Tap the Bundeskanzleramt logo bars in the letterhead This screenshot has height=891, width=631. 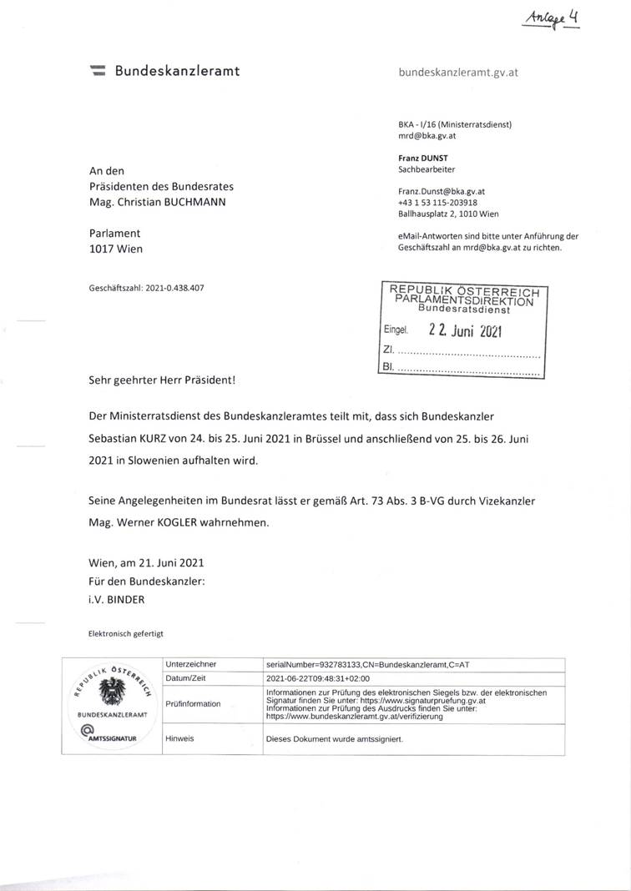98,72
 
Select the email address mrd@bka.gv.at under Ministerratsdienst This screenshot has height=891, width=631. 426,135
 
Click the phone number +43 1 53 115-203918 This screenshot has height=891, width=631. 438,202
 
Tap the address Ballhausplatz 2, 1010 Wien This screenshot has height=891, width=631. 448,214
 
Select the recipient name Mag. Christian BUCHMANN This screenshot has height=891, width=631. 157,202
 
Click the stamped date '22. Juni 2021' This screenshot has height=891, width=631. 465,330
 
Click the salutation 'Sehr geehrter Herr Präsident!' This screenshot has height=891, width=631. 162,380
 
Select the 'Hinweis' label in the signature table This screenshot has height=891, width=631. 179,738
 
